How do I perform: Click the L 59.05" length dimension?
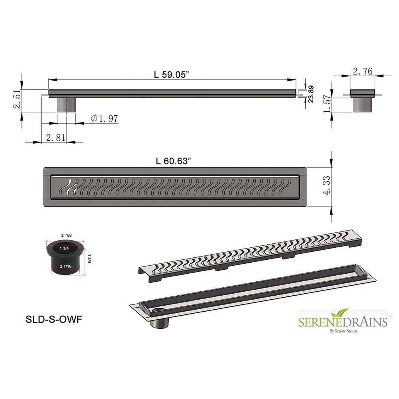click(172, 75)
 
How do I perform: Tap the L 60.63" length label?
click(173, 161)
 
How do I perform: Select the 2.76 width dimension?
click(363, 71)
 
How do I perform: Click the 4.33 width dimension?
click(327, 185)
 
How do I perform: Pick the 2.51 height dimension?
click(18, 99)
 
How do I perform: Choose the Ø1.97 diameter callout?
click(104, 119)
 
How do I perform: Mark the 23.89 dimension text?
click(311, 94)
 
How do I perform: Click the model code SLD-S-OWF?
click(54, 319)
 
